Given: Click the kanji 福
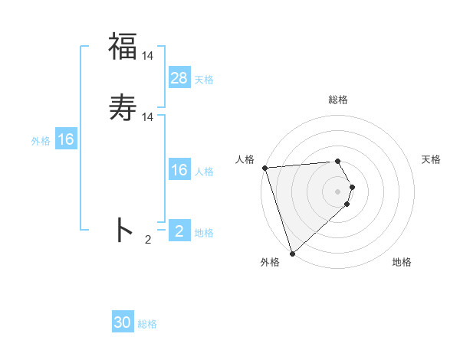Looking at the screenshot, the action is (x=123, y=46).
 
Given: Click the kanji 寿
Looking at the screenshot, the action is (x=123, y=106).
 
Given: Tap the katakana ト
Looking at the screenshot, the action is (x=123, y=230).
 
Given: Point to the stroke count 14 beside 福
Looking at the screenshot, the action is (x=148, y=56).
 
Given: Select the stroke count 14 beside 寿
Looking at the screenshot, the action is (x=148, y=116).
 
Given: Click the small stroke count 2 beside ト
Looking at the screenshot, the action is (x=148, y=240).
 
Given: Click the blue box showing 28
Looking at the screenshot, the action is (x=179, y=77).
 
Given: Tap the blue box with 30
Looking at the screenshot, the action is (x=123, y=322).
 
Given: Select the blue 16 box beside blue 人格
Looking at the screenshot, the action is (x=179, y=170).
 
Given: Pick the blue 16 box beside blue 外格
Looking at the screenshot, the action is (x=66, y=139).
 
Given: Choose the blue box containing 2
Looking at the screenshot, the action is (x=179, y=231).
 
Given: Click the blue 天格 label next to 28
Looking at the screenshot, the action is (x=204, y=79).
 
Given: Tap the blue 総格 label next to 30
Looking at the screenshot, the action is (x=147, y=324).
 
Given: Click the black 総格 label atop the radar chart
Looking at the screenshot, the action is (x=338, y=100).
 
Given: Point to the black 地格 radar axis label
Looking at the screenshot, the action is (x=402, y=263).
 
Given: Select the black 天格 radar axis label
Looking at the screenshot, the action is (x=431, y=159).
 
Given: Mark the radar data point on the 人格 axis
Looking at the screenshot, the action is (x=264, y=168).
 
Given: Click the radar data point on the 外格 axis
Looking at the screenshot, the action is (x=292, y=253).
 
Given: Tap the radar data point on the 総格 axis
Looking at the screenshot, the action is (x=338, y=161).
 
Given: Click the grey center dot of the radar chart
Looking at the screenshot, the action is (x=338, y=191).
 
